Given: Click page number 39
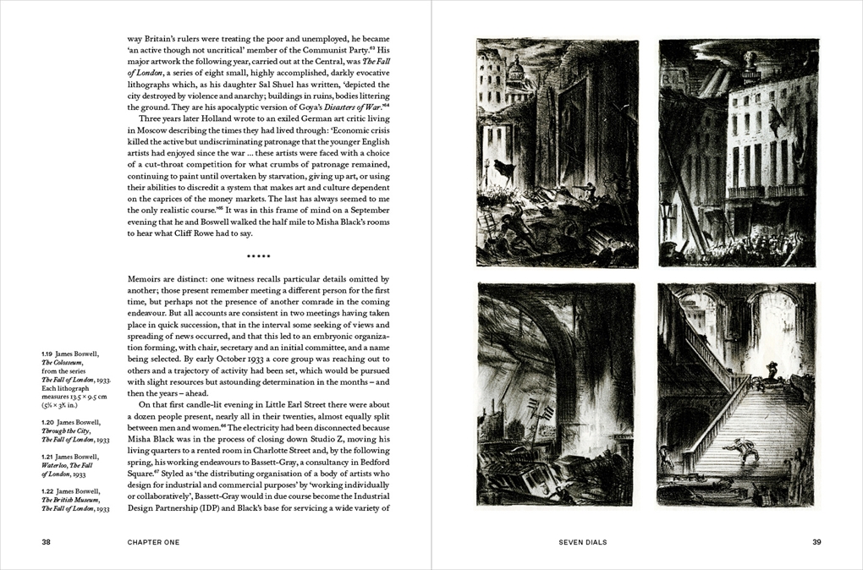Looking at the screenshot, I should pyautogui.click(x=816, y=541).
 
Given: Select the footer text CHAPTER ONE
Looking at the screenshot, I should pyautogui.click(x=153, y=541).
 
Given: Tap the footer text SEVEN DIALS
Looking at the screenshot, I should pyautogui.click(x=583, y=541).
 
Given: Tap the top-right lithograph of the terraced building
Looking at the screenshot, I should pyautogui.click(x=739, y=152).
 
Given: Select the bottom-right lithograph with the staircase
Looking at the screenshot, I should pyautogui.click(x=739, y=393).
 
